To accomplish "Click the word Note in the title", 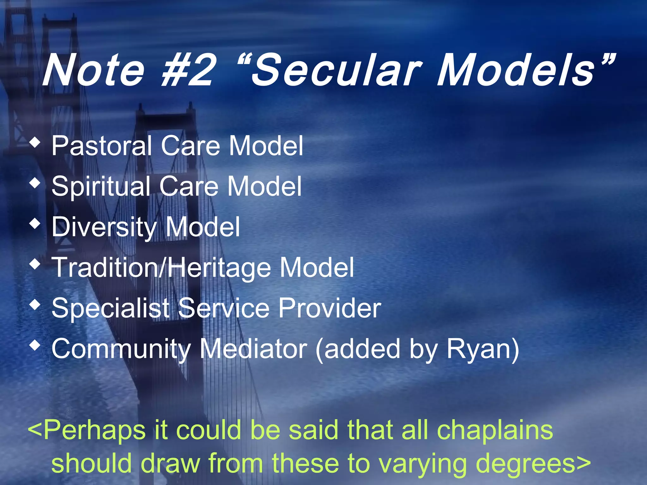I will [x=94, y=70].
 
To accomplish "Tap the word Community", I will [x=121, y=349].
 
